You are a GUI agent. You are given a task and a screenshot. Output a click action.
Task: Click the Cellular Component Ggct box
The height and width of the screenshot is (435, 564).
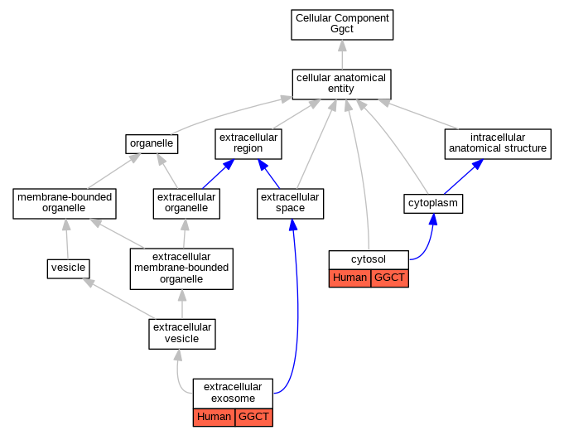pyautogui.click(x=342, y=25)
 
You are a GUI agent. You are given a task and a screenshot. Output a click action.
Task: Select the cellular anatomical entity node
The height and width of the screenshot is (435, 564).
pyautogui.click(x=341, y=85)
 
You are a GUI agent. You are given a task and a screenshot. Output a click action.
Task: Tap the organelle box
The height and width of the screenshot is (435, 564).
pyautogui.click(x=152, y=144)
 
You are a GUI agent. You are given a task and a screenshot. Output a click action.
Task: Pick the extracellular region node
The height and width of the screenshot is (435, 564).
pyautogui.click(x=248, y=144)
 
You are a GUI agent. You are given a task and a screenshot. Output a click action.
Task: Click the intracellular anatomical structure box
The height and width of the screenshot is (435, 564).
pyautogui.click(x=498, y=144)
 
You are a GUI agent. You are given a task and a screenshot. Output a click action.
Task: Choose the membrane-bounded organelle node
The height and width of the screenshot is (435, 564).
pyautogui.click(x=65, y=204)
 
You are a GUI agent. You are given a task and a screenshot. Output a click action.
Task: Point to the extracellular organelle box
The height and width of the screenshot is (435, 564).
pyautogui.click(x=186, y=204)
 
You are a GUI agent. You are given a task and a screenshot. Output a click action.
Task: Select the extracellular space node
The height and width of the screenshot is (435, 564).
pyautogui.click(x=290, y=204)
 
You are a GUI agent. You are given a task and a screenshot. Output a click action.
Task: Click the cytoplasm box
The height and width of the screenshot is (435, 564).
pyautogui.click(x=433, y=204)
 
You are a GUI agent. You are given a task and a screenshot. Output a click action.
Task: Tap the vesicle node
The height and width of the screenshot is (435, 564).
pyautogui.click(x=69, y=268)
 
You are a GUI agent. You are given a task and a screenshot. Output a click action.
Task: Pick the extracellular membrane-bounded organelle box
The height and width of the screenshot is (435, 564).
pyautogui.click(x=181, y=268)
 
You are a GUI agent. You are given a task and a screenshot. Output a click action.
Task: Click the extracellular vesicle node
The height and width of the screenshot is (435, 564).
pyautogui.click(x=182, y=334)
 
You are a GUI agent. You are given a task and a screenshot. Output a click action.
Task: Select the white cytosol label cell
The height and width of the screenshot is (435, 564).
pyautogui.click(x=369, y=260)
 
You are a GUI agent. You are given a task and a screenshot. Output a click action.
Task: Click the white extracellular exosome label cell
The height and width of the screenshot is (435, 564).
pyautogui.click(x=233, y=394)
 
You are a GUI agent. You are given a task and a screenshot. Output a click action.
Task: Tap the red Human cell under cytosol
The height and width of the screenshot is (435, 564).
pyautogui.click(x=349, y=278)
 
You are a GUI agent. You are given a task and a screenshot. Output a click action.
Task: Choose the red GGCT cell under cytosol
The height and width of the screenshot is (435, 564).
pyautogui.click(x=390, y=278)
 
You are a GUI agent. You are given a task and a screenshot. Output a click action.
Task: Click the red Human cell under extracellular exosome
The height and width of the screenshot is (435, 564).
pyautogui.click(x=214, y=418)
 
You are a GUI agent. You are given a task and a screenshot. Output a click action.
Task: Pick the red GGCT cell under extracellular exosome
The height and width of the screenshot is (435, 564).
pyautogui.click(x=254, y=418)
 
